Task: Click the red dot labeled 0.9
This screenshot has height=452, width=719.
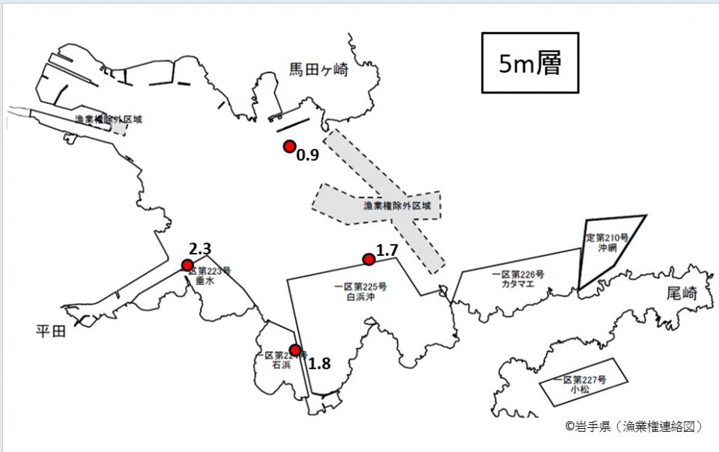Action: (289, 147)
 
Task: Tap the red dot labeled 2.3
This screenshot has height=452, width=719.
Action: (187, 265)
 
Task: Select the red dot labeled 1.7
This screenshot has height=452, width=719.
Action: (368, 260)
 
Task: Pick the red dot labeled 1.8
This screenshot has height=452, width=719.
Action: (296, 350)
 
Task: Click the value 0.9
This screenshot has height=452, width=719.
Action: (308, 156)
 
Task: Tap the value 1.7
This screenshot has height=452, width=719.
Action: (386, 250)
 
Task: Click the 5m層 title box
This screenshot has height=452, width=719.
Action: (530, 63)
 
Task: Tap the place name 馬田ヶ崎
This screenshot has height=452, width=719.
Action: (319, 70)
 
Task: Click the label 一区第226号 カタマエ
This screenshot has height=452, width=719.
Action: (518, 280)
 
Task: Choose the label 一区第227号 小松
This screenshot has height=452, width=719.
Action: (580, 385)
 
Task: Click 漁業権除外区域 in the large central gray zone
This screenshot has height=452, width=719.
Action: (397, 206)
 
